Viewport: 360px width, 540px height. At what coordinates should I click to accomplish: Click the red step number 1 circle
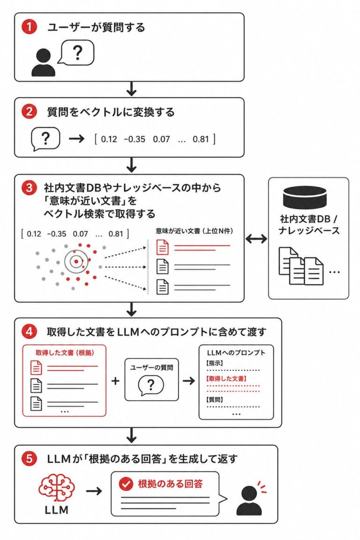click(29, 27)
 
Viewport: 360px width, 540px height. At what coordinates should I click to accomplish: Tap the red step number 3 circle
click(29, 187)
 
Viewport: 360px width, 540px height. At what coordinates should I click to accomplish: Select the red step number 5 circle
click(29, 459)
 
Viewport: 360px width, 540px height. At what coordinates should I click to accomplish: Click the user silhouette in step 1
click(44, 62)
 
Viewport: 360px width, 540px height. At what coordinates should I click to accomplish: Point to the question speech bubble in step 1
click(76, 52)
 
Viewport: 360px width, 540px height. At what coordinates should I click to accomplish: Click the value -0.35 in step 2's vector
click(135, 139)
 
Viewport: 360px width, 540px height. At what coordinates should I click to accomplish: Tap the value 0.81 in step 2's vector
click(201, 139)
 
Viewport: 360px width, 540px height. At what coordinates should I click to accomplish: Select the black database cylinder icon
click(305, 198)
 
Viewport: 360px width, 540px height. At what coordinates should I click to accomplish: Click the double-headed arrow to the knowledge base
click(256, 239)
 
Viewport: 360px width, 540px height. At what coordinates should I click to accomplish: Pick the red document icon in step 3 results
click(163, 247)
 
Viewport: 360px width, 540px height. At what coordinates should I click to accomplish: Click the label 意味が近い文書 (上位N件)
click(194, 231)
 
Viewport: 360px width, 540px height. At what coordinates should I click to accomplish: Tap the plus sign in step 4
click(115, 381)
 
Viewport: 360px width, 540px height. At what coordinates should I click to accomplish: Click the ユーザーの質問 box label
click(151, 367)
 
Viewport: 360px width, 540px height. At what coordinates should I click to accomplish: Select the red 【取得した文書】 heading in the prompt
click(226, 378)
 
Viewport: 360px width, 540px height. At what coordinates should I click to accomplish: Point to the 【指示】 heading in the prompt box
click(215, 363)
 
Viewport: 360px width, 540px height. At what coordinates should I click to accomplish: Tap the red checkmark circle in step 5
click(126, 484)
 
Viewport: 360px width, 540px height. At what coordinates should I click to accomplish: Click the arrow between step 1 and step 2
click(131, 89)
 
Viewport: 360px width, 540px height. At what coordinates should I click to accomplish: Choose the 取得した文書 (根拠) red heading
click(65, 352)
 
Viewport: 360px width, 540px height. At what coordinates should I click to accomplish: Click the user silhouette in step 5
click(249, 501)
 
